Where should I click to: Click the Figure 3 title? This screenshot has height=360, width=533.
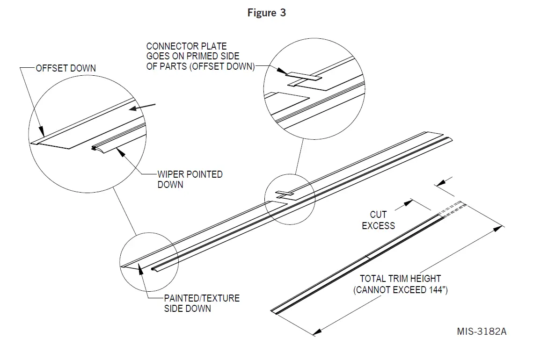(x=266, y=13)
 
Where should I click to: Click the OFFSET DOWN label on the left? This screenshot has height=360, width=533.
(x=66, y=68)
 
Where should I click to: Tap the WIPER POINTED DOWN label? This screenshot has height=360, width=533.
(x=190, y=179)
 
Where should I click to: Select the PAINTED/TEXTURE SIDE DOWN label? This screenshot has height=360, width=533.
(x=201, y=303)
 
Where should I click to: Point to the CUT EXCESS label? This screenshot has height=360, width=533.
(x=378, y=220)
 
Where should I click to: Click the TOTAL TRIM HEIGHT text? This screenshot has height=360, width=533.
(x=400, y=279)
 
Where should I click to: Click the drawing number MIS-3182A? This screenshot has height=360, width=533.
(x=482, y=331)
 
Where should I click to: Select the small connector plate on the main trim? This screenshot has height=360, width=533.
(x=284, y=193)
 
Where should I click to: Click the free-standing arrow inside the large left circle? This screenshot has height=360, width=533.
(x=142, y=107)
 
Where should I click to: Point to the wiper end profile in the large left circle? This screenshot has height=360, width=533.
(x=95, y=149)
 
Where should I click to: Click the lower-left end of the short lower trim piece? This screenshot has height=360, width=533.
(x=273, y=310)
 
